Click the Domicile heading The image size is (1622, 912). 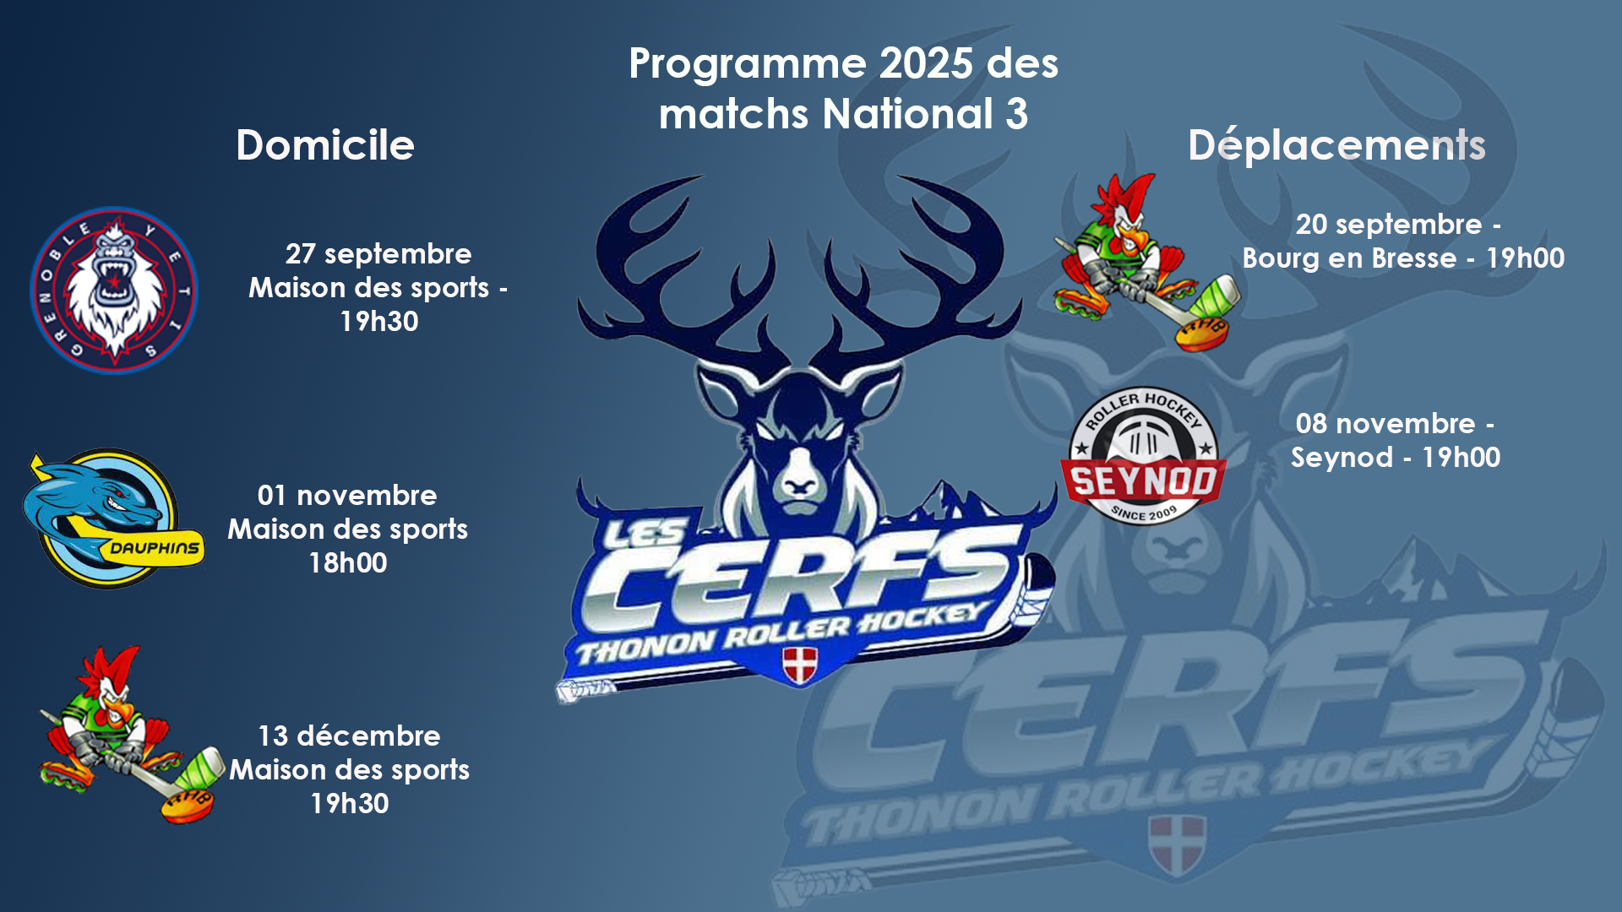325,145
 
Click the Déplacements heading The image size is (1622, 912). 1336,145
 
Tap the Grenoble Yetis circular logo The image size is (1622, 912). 114,290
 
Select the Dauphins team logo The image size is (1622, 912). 113,518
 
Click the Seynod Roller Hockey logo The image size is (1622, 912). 1144,456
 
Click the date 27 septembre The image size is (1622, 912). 378,254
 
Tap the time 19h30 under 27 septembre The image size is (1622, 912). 379,322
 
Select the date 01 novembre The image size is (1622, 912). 347,496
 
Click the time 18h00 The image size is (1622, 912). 348,563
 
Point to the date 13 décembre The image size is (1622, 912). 349,736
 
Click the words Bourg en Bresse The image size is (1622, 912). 1349,258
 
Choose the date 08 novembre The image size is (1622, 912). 1385,424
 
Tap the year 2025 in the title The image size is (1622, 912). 926,64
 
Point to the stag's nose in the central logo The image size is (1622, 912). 799,484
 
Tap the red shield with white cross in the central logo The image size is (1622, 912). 799,665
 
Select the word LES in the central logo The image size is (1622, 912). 644,534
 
